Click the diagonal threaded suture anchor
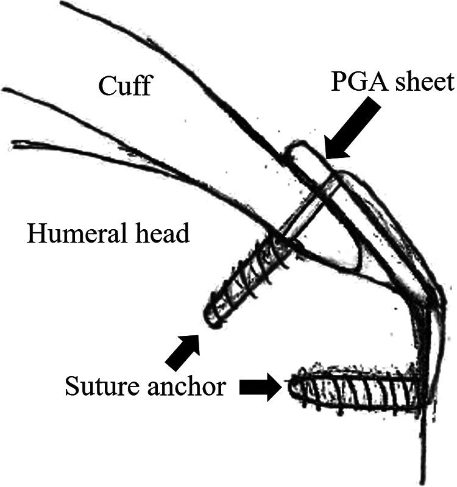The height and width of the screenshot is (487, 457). [247, 280]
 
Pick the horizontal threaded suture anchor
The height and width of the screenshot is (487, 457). [353, 390]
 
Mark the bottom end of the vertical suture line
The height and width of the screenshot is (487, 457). [422, 478]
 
